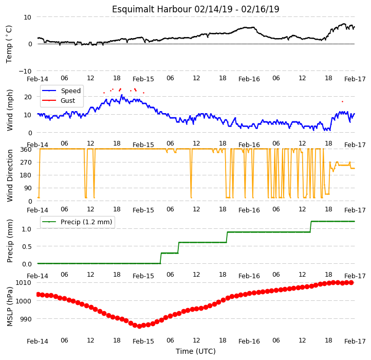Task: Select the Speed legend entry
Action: [x=71, y=91]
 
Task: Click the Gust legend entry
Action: [x=68, y=100]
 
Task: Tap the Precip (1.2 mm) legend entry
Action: [x=86, y=222]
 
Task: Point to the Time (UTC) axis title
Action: [x=196, y=351]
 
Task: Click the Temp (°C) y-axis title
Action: [x=9, y=44]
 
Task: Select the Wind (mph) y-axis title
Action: [x=9, y=110]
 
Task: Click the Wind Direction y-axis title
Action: [x=9, y=175]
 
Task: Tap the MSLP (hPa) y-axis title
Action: [x=9, y=307]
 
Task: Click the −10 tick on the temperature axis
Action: [x=25, y=71]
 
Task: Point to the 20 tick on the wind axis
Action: [x=28, y=97]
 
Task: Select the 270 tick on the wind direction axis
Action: [x=27, y=163]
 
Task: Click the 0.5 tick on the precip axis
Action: [x=27, y=246]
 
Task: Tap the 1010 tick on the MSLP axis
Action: [x=23, y=282]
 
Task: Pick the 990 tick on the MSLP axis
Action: [x=25, y=319]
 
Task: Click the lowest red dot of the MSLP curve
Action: [x=139, y=326]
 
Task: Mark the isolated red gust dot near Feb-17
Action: [x=342, y=102]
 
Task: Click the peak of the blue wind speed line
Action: [x=122, y=95]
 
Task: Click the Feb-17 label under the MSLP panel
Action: [x=355, y=341]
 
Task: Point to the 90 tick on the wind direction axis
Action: [x=28, y=188]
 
